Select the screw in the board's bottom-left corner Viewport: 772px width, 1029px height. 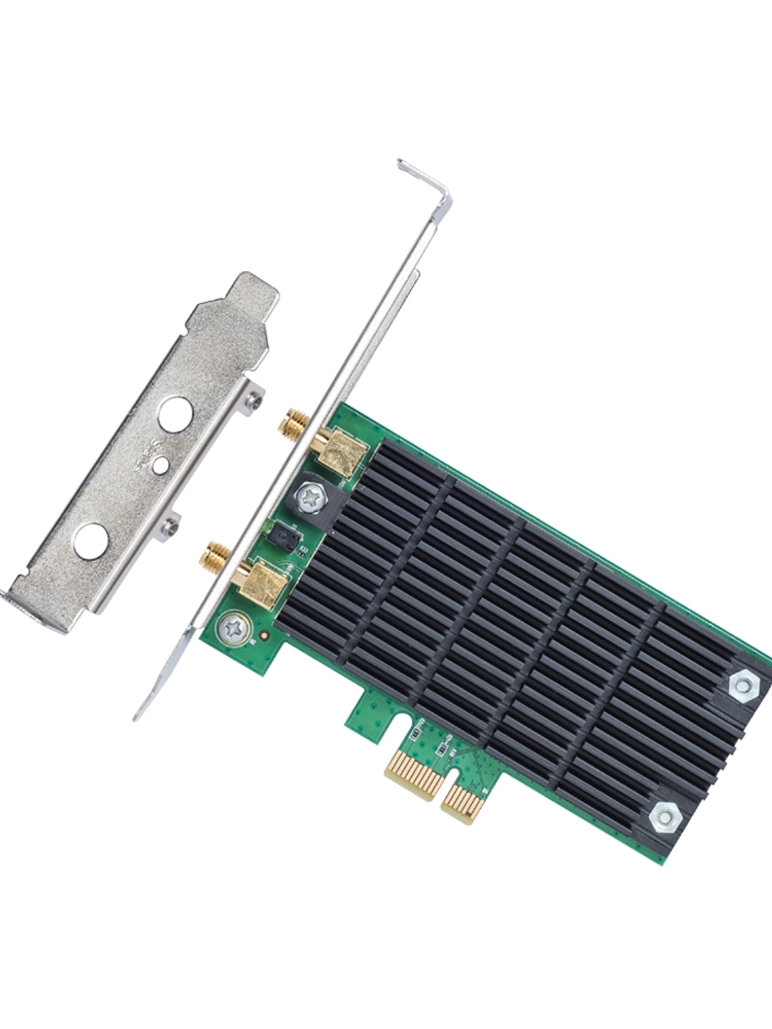click(232, 629)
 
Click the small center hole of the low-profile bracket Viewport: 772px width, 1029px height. click(160, 465)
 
